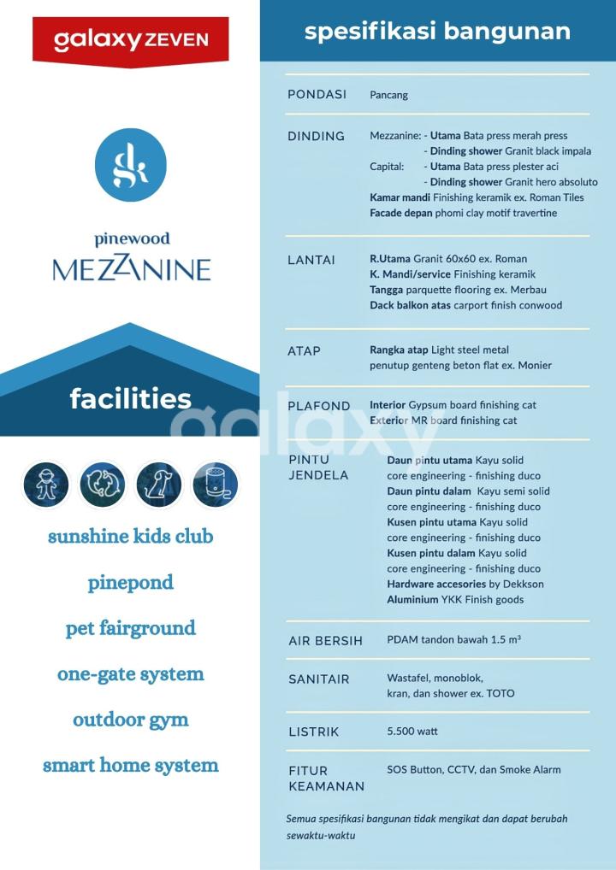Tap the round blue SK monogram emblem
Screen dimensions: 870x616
click(x=131, y=165)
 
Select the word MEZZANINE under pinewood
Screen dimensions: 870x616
click(x=131, y=269)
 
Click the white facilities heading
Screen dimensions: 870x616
click(x=130, y=398)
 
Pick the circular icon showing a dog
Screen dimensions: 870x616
click(x=159, y=485)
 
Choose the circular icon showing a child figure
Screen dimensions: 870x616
click(x=46, y=485)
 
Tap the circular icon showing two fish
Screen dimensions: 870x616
click(x=103, y=485)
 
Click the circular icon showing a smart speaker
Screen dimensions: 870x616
click(x=216, y=485)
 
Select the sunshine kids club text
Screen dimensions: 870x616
click(x=130, y=537)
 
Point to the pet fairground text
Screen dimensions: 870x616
click(x=130, y=628)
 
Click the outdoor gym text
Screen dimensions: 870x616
click(x=130, y=720)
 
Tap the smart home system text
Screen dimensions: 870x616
click(x=130, y=765)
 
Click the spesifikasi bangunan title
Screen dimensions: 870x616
click(x=437, y=32)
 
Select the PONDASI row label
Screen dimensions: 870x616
click(x=317, y=95)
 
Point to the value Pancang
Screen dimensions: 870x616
click(x=388, y=95)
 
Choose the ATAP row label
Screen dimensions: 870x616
click(x=304, y=351)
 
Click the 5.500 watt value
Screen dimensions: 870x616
click(x=412, y=732)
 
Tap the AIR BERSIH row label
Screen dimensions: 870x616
click(x=325, y=641)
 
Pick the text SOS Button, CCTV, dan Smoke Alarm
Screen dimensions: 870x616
click(x=473, y=769)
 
